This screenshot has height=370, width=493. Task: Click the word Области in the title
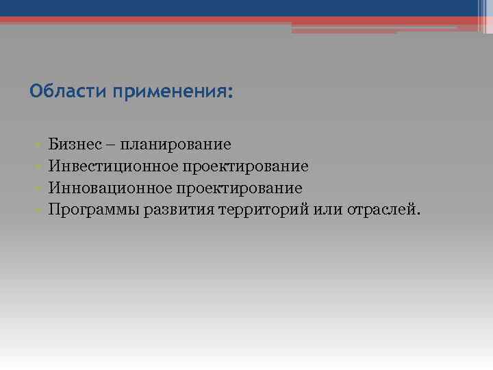[x=58, y=91]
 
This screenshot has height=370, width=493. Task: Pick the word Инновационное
[x=105, y=187]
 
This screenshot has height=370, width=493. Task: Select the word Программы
[x=94, y=208]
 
